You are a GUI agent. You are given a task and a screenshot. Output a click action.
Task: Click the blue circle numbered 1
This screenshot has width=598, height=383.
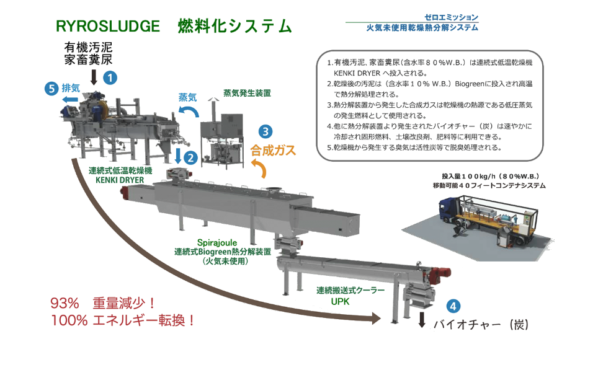[110, 77]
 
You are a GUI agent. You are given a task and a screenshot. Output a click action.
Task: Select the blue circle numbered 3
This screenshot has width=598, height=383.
[265, 131]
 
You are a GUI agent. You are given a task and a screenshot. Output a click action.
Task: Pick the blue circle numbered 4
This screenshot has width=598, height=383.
[453, 306]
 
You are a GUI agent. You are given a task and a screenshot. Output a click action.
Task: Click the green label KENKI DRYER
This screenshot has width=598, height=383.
[120, 180]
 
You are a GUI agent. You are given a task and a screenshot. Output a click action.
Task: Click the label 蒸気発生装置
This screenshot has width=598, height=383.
[247, 93]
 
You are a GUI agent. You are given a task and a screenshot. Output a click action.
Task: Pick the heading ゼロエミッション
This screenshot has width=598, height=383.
[452, 17]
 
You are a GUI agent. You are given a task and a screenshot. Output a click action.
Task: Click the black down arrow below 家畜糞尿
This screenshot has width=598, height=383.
[94, 76]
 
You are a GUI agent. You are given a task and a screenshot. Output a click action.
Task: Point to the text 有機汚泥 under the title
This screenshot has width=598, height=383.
[89, 47]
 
